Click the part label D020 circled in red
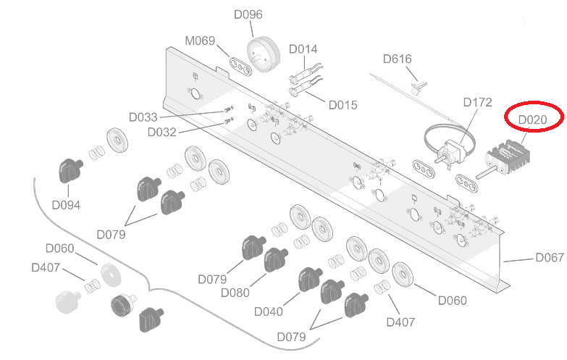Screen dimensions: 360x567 pyautogui.click(x=537, y=118)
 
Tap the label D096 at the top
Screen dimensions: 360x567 pyautogui.click(x=248, y=14)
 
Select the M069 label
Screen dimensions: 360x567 pyautogui.click(x=200, y=41)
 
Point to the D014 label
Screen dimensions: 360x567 pyautogui.click(x=303, y=49)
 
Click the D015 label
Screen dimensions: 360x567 pyautogui.click(x=343, y=105)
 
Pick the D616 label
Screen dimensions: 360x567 pyautogui.click(x=398, y=59)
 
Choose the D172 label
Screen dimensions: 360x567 pyautogui.click(x=477, y=102)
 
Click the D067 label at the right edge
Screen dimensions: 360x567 pyautogui.click(x=549, y=258)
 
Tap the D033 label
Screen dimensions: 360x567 pyautogui.click(x=143, y=117)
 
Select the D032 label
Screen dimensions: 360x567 pyautogui.click(x=161, y=132)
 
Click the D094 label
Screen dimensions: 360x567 pyautogui.click(x=66, y=205)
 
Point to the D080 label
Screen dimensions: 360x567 pyautogui.click(x=235, y=293)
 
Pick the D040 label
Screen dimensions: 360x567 pyautogui.click(x=268, y=311)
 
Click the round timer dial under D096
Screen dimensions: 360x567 pyautogui.click(x=263, y=53)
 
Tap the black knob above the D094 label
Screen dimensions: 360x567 pyautogui.click(x=70, y=171)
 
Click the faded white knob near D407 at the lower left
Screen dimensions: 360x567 pyautogui.click(x=67, y=301)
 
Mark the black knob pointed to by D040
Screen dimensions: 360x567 pyautogui.click(x=308, y=279)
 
